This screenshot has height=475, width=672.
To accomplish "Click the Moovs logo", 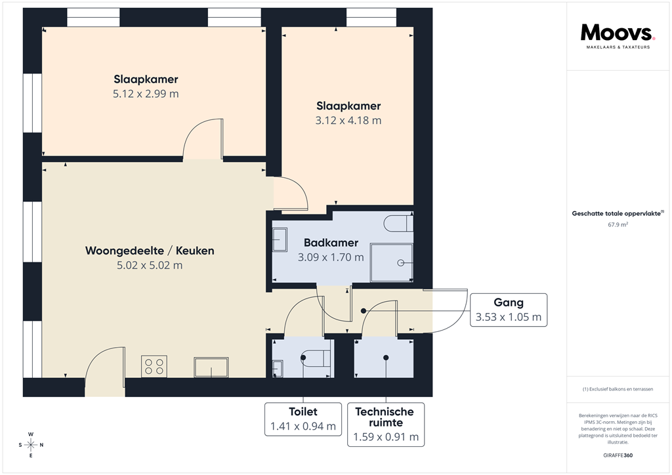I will (618, 33).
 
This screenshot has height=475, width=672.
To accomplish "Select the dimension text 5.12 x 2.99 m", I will (146, 94).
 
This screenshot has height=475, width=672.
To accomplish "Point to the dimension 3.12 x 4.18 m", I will (348, 120).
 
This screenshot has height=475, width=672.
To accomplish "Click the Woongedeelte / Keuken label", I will (150, 251).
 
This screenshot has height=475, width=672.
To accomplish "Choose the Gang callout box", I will (509, 310).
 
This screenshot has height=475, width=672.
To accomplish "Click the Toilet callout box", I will (303, 419).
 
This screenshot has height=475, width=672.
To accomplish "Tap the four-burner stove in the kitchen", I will (154, 366).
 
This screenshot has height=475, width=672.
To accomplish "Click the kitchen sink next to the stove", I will (211, 367).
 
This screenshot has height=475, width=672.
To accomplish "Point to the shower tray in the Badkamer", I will (392, 262).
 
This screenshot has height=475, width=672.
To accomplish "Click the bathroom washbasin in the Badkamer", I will (280, 239).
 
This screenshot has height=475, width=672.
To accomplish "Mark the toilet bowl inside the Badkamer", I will (400, 223).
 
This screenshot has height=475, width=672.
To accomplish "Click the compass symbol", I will (30, 445).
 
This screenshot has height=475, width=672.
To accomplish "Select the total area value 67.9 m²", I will (618, 224).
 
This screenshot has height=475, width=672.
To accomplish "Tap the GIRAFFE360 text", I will (618, 455).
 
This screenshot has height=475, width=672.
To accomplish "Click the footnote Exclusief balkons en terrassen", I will (618, 389).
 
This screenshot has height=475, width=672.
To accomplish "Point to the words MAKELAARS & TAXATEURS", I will (618, 48).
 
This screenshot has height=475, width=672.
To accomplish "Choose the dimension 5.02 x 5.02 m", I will (150, 266).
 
